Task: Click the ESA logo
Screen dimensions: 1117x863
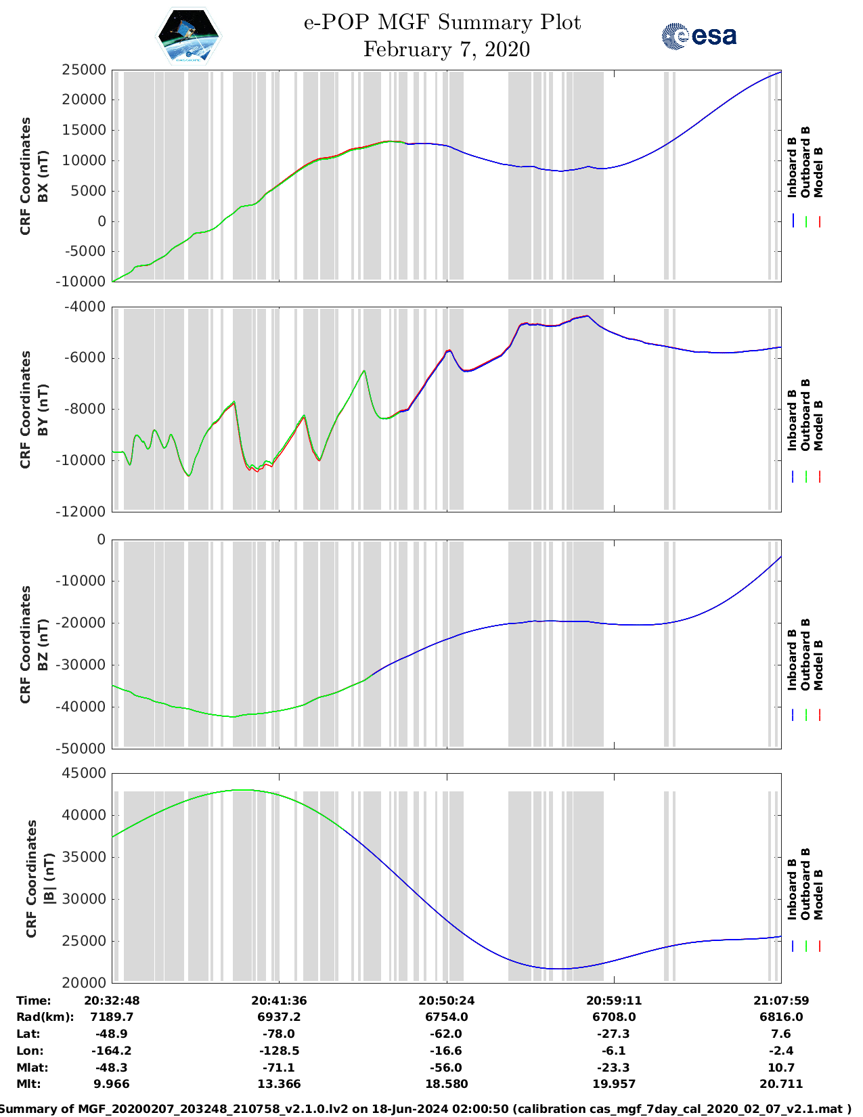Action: (699, 36)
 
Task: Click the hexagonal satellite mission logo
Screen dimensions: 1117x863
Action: (188, 35)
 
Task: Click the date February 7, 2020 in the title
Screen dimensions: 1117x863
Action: (446, 49)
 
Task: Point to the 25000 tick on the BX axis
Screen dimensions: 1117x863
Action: (84, 70)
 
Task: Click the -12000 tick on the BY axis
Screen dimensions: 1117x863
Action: (84, 511)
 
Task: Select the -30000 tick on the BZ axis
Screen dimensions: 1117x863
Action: (84, 665)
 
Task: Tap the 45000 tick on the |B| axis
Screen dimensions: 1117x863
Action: (84, 773)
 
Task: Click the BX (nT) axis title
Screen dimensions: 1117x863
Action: (43, 176)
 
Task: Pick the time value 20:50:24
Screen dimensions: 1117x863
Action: (446, 1001)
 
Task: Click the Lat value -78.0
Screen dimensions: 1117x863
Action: (279, 1034)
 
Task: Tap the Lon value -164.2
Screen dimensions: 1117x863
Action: (111, 1051)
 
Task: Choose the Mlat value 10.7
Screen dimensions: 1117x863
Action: (781, 1068)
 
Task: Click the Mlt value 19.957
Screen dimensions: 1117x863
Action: (614, 1084)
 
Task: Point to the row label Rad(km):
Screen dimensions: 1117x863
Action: (45, 1017)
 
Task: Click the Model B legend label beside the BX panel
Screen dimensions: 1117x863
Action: (818, 172)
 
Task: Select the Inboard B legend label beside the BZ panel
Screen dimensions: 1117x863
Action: (792, 660)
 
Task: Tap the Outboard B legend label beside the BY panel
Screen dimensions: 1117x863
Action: (805, 414)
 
